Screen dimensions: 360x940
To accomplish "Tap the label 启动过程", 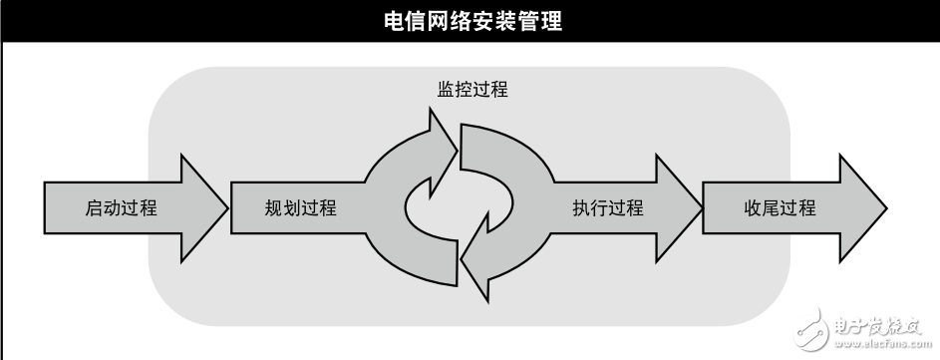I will [122, 208].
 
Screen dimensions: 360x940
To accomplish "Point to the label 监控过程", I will [471, 90].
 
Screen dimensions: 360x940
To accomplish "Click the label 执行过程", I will [608, 208].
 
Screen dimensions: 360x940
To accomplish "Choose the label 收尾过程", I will [780, 208].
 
